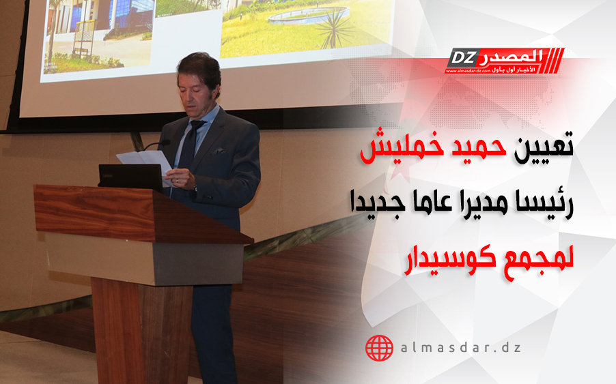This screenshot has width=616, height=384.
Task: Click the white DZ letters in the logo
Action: [462, 58]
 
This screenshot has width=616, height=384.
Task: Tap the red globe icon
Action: [379, 348]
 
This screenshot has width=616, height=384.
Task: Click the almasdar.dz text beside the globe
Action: [461, 348]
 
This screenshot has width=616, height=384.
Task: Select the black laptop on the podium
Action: [131, 176]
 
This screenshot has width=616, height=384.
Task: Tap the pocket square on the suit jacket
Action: [220, 151]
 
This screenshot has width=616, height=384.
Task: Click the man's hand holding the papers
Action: [181, 178]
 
